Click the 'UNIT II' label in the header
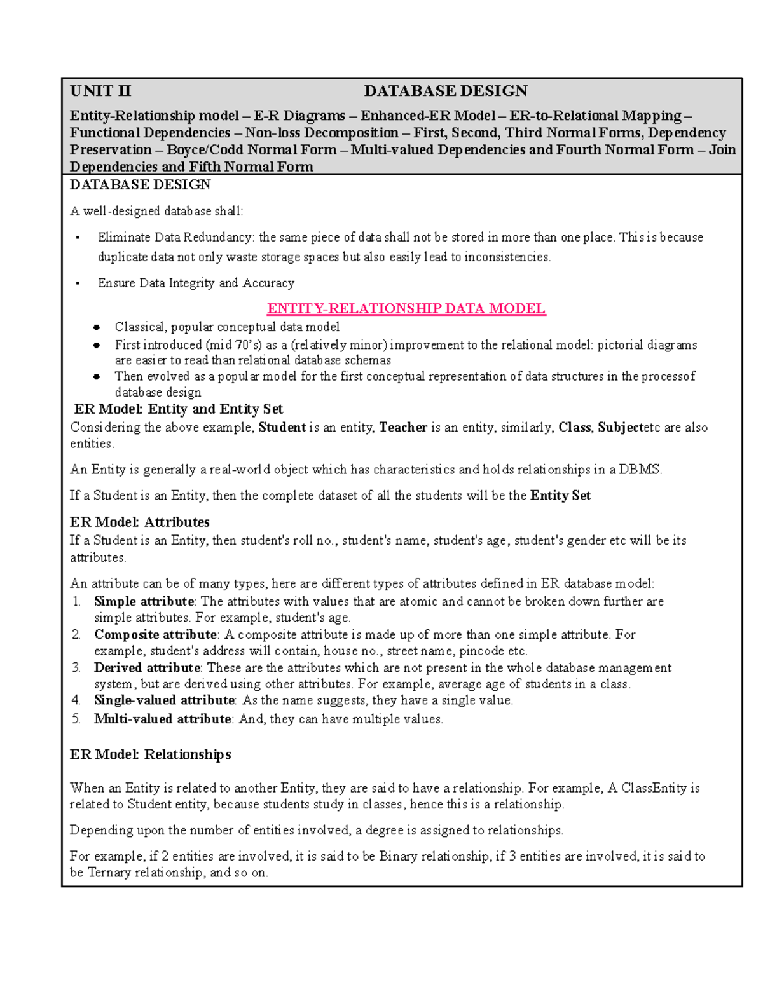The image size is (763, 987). click(100, 91)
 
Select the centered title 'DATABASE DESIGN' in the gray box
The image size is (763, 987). click(445, 91)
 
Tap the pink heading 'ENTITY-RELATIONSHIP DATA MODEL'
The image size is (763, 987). click(406, 309)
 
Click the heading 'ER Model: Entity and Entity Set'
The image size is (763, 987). click(178, 409)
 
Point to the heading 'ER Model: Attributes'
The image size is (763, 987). click(140, 522)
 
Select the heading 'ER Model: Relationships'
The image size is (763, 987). click(150, 754)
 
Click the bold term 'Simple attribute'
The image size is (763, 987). click(144, 601)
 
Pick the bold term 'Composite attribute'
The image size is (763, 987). click(155, 634)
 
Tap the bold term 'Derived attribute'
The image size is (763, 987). click(147, 668)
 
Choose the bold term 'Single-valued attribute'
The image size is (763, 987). click(164, 700)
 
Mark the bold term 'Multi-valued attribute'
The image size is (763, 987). click(162, 719)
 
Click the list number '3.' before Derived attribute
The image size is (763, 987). click(76, 668)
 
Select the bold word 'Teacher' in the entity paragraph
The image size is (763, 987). click(403, 428)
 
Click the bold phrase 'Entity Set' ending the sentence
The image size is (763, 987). click(560, 496)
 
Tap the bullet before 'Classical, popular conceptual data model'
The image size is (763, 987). click(97, 327)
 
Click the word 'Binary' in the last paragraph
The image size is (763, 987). click(398, 857)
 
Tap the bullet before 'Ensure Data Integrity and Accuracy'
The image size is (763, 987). click(77, 283)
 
